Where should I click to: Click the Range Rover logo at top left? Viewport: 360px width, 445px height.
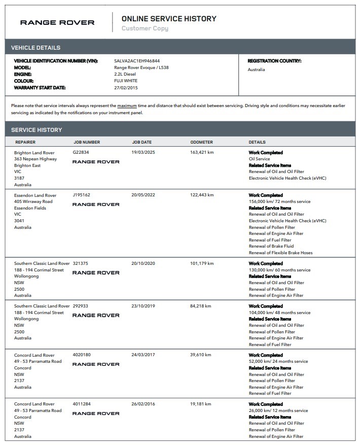click(x=57, y=22)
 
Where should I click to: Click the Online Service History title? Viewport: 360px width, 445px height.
click(x=169, y=19)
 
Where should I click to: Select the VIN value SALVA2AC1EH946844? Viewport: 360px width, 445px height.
click(x=137, y=61)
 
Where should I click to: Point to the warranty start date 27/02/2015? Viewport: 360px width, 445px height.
click(x=126, y=87)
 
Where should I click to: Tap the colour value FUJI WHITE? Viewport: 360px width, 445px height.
click(x=126, y=81)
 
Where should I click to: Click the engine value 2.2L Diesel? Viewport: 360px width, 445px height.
click(x=125, y=74)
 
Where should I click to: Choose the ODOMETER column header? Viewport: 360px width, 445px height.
click(x=202, y=142)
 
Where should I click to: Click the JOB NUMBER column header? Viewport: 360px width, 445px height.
click(x=87, y=142)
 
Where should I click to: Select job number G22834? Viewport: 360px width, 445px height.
click(x=81, y=152)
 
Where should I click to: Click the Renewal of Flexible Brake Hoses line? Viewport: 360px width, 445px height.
click(x=280, y=253)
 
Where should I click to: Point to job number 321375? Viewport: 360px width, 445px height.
click(x=81, y=263)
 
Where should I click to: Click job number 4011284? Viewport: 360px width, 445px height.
click(x=82, y=404)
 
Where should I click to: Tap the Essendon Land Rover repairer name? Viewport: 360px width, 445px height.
click(x=35, y=195)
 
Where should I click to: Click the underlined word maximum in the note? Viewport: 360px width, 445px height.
click(x=127, y=106)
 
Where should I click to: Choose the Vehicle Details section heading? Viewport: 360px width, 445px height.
click(x=35, y=48)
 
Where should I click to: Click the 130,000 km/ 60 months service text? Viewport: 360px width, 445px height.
click(x=279, y=270)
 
